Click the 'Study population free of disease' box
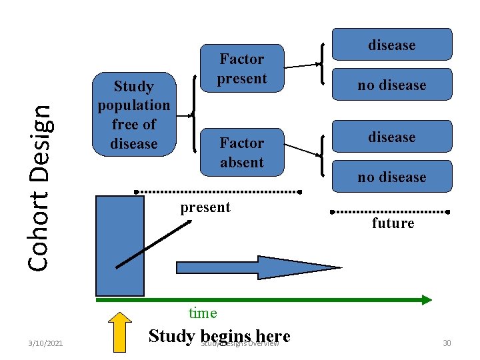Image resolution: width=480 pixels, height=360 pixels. pyautogui.click(x=133, y=114)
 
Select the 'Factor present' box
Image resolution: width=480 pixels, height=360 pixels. pyautogui.click(x=241, y=69)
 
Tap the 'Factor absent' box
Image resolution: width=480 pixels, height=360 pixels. pyautogui.click(x=241, y=153)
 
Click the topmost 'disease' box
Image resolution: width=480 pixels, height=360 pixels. pyautogui.click(x=392, y=45)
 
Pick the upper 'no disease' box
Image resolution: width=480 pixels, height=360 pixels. pyautogui.click(x=392, y=85)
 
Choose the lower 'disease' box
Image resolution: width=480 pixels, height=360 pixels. pyautogui.click(x=392, y=137)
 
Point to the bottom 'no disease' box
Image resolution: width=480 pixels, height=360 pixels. pyautogui.click(x=392, y=177)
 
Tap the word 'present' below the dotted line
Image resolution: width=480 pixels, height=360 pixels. pyautogui.click(x=205, y=207)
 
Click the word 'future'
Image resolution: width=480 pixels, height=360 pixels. pyautogui.click(x=393, y=223)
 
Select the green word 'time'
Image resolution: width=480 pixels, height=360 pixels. pyautogui.click(x=203, y=313)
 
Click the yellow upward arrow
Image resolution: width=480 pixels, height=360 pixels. pyautogui.click(x=120, y=331)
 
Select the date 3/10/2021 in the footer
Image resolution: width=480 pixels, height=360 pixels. pyautogui.click(x=46, y=343)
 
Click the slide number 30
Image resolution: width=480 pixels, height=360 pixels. pyautogui.click(x=447, y=343)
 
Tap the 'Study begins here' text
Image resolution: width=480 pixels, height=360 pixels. pyautogui.click(x=219, y=335)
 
